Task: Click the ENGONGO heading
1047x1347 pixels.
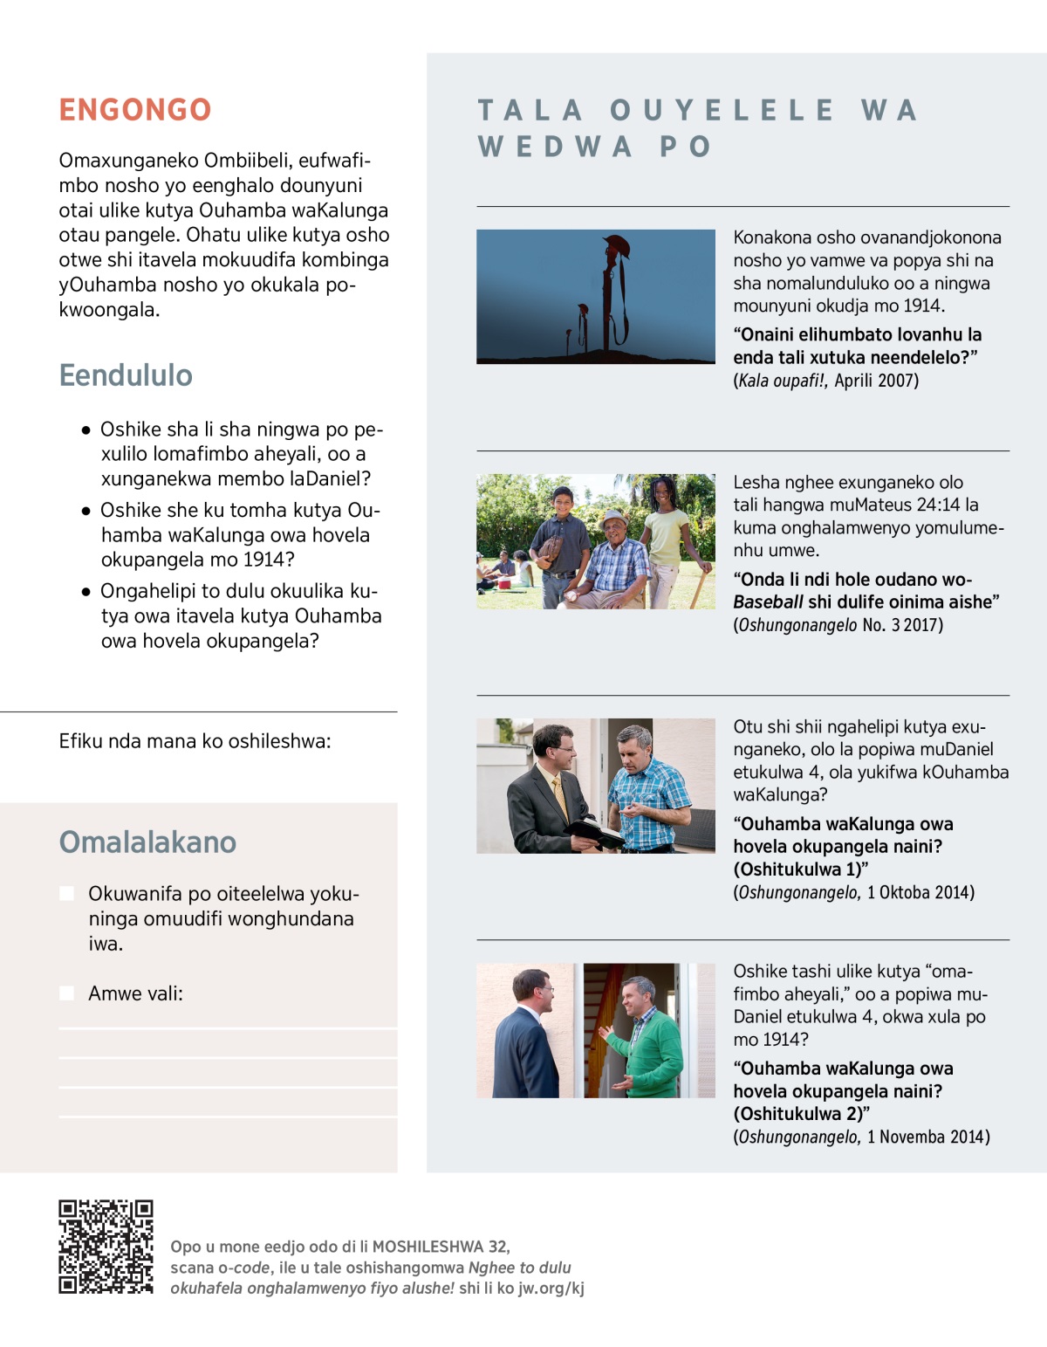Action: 135,110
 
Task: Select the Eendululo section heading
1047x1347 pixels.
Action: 126,375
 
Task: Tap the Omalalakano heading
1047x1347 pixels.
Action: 147,842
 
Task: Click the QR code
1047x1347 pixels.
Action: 106,1247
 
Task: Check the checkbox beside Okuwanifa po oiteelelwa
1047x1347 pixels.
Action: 66,893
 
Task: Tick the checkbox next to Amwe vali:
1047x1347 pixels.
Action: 66,993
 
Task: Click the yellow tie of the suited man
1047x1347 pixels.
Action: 559,797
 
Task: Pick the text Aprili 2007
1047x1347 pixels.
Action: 876,381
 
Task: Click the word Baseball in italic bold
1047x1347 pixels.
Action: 768,602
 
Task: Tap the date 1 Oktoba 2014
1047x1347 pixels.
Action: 920,892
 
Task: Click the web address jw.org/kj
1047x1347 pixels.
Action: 551,1289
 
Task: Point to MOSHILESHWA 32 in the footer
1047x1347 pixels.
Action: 441,1247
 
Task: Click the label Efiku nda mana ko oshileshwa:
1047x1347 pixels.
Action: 195,741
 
